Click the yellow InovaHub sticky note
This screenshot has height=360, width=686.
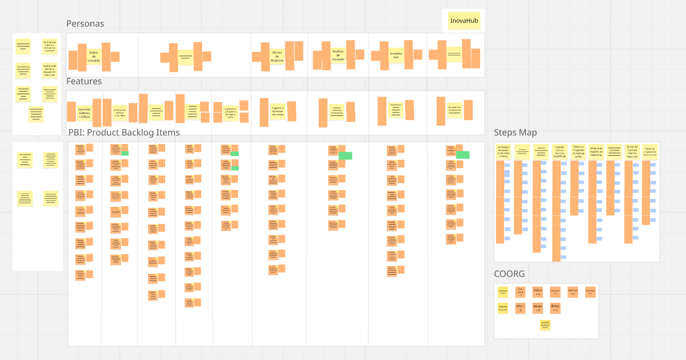point(464,21)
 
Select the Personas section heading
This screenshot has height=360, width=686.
point(85,24)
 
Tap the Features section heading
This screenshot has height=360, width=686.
point(84,81)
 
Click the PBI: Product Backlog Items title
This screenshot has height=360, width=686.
point(124,133)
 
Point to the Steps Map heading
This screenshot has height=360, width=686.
point(515,133)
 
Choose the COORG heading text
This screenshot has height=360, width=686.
point(509,274)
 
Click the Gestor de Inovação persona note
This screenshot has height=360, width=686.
point(94,56)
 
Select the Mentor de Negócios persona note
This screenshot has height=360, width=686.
point(277,56)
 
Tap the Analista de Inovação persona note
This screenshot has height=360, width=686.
point(338,55)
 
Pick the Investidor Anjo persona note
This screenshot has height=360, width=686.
point(396,55)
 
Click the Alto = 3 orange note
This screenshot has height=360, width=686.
point(520,308)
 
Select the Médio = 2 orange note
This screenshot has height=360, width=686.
point(537,308)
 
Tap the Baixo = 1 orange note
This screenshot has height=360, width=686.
point(555,308)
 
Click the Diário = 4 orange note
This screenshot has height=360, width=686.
point(537,292)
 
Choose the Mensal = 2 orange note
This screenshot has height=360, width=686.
point(573,292)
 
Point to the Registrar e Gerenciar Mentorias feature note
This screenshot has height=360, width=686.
point(278,111)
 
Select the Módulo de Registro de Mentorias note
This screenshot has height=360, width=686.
point(596,152)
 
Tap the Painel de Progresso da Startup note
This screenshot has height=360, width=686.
point(578,152)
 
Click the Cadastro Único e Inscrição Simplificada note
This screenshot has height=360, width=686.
point(560,152)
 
